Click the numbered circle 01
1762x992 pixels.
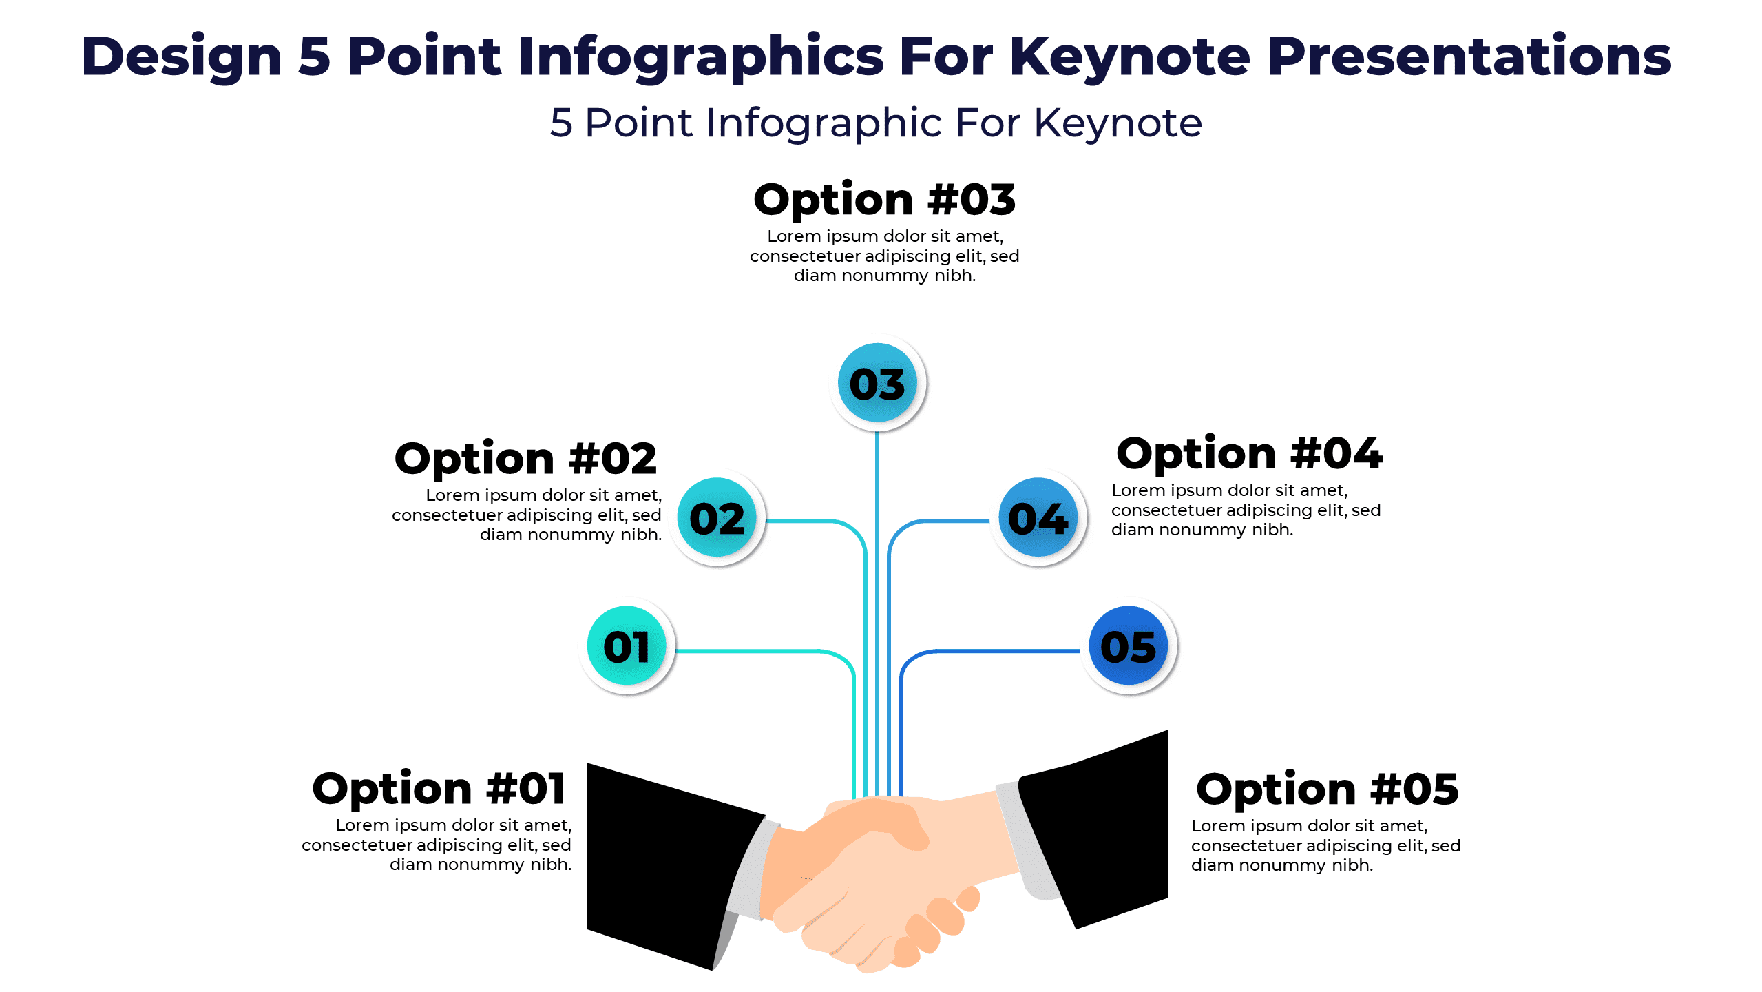click(x=627, y=646)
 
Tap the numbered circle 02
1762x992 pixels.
click(x=717, y=518)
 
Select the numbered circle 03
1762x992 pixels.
click(x=877, y=383)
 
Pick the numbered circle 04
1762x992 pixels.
click(x=1038, y=518)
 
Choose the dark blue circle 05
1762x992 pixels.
click(x=1128, y=646)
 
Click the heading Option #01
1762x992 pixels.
click(x=439, y=788)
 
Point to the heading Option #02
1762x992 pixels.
click(x=525, y=459)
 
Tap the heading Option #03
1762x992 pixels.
click(x=884, y=200)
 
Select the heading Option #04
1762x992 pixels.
click(x=1249, y=454)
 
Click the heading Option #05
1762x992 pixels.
click(x=1327, y=789)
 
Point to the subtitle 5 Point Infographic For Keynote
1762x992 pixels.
click(x=876, y=123)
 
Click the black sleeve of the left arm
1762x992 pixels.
click(x=661, y=868)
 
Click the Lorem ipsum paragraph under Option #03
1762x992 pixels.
click(x=884, y=256)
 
